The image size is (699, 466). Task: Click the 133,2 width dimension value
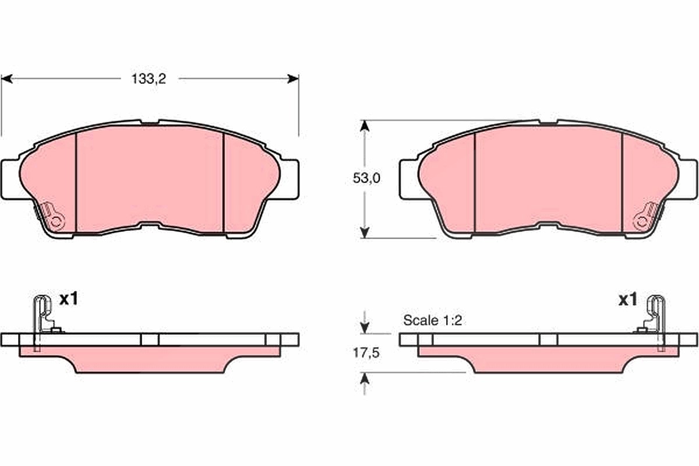(x=149, y=79)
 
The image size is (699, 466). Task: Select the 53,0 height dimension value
(x=366, y=178)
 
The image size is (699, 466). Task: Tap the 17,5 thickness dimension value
(x=366, y=353)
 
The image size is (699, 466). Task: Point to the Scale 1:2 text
(x=432, y=320)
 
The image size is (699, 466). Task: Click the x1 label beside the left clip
(x=69, y=299)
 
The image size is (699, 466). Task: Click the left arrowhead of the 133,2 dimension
(x=7, y=79)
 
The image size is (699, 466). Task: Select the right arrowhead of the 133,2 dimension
(x=293, y=79)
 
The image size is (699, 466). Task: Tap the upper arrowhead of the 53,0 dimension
(x=365, y=126)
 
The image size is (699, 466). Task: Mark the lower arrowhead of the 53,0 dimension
(x=365, y=232)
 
